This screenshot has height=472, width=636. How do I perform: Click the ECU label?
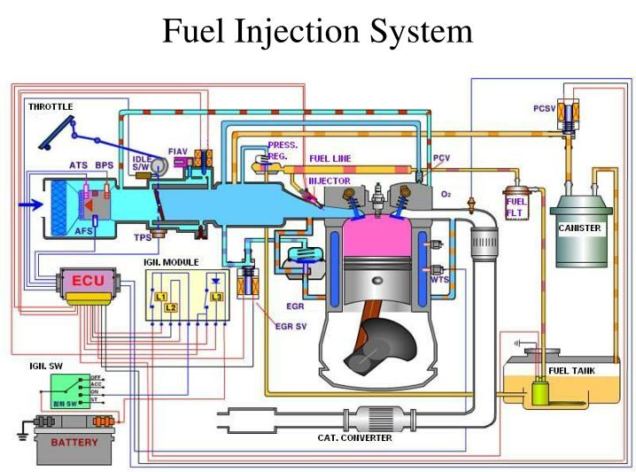click(x=88, y=281)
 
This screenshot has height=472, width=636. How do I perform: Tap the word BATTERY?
click(x=74, y=441)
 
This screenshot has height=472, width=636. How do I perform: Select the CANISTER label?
click(x=579, y=228)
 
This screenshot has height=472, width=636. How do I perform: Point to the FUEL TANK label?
click(x=571, y=370)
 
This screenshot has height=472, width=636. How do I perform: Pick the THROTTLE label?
click(x=50, y=107)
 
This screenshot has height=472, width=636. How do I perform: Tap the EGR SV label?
click(x=291, y=324)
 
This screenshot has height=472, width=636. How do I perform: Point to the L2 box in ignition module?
click(x=170, y=306)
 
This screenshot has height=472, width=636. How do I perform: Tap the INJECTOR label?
click(x=329, y=181)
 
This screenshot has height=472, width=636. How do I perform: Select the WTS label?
click(x=439, y=279)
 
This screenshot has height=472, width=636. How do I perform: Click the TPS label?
click(x=143, y=238)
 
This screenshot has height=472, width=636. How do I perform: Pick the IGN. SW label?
click(x=44, y=365)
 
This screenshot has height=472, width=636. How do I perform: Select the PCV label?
click(x=442, y=158)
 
